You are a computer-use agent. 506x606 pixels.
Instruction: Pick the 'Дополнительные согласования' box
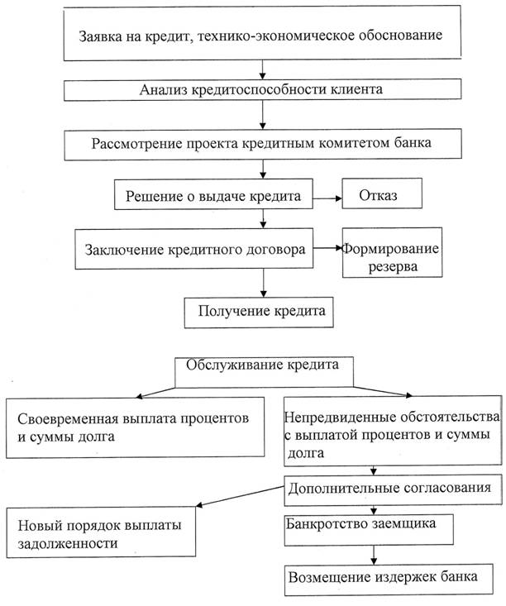click(x=394, y=489)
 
